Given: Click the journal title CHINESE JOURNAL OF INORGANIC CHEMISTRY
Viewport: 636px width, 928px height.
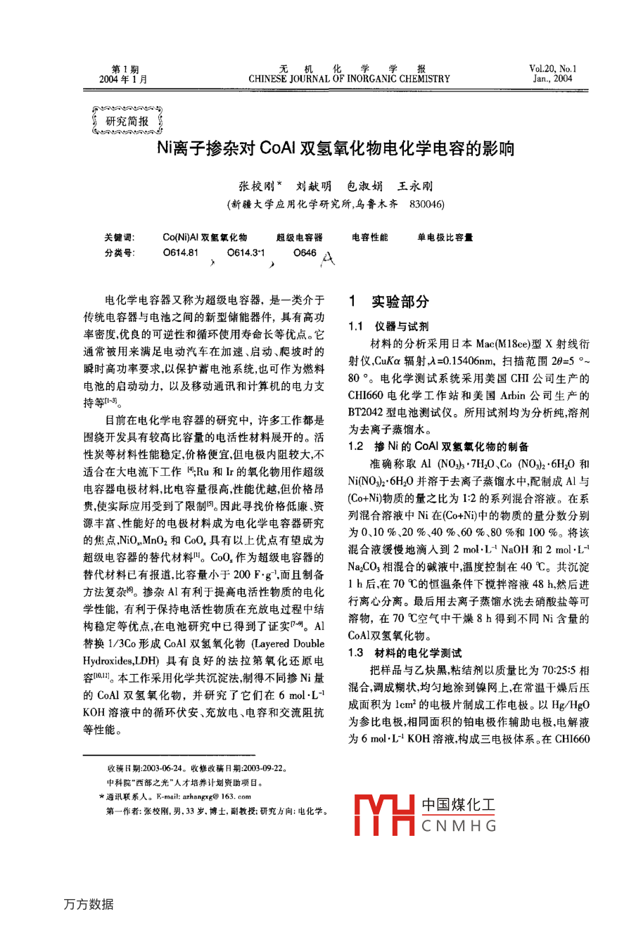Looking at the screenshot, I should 349,79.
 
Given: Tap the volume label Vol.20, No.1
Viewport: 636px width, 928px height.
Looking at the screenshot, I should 552,69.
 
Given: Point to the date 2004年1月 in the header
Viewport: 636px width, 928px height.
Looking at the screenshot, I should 124,79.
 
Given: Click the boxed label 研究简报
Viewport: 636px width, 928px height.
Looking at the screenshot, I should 127,121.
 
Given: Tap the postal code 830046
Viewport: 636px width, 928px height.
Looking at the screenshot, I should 426,205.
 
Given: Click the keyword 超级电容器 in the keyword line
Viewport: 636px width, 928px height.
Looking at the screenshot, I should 299,238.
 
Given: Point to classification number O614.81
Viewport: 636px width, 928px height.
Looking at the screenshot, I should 181,253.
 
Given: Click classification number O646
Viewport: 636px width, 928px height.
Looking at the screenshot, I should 305,253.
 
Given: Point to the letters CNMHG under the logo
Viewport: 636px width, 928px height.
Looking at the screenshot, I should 459,826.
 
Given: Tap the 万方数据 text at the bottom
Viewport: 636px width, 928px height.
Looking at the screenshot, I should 88,904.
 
